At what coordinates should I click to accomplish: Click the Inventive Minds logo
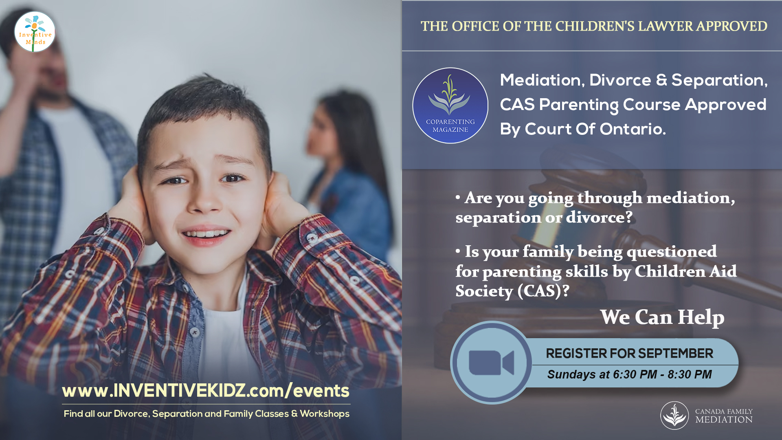coord(35,32)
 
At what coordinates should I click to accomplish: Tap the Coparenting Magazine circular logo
coord(450,106)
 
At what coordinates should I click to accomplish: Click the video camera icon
coord(491,363)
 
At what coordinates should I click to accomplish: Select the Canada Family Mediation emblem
coord(674,416)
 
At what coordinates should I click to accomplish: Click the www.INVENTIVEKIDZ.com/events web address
coord(206,391)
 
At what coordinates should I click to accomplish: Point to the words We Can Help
coord(662,317)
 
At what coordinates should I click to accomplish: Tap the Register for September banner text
coord(629,353)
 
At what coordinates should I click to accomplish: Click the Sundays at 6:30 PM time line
coord(629,374)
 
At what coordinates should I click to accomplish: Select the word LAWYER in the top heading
coord(666,26)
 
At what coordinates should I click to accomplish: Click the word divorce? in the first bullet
coord(599,218)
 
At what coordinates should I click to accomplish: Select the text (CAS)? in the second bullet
coord(543,291)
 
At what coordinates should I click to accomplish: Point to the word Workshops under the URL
coord(325,414)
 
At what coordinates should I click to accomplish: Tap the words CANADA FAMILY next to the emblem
coord(724,411)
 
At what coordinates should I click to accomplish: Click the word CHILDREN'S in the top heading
coord(595,26)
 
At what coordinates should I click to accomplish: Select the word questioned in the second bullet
coord(672,252)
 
